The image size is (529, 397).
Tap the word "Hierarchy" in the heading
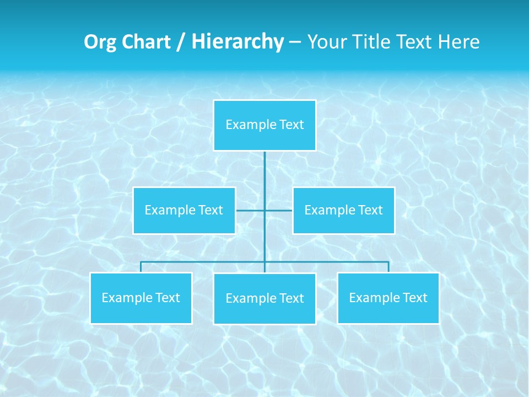click(x=237, y=42)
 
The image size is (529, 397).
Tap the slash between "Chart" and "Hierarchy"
click(x=181, y=42)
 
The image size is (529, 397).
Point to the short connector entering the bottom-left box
click(x=141, y=267)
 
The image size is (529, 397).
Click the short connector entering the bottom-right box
click(x=388, y=267)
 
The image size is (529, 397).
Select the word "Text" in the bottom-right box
click(x=414, y=298)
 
